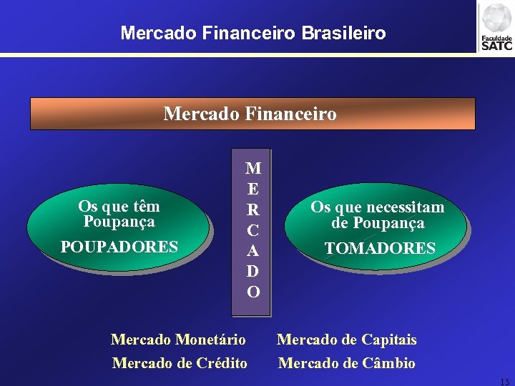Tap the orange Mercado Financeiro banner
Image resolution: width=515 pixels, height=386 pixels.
click(x=252, y=114)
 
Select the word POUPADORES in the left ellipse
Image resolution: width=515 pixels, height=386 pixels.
click(x=119, y=247)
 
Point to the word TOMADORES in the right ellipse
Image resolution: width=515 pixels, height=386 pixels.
click(x=379, y=248)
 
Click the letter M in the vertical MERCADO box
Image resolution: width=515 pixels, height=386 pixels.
click(x=252, y=169)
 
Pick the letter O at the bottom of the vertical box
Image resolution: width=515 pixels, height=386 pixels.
click(x=253, y=292)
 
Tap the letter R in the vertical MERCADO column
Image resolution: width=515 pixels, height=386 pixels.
click(x=252, y=210)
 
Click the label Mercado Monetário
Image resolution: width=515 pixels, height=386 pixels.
click(x=179, y=339)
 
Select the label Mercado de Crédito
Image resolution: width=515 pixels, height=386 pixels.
click(x=180, y=362)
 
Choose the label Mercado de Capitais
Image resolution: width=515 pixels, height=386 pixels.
click(x=347, y=339)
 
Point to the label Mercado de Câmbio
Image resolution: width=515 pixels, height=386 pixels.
click(x=347, y=362)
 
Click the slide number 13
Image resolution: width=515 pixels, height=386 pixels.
click(x=504, y=381)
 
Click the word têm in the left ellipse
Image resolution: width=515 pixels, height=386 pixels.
click(x=147, y=207)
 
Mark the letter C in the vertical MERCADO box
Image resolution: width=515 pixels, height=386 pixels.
click(x=252, y=231)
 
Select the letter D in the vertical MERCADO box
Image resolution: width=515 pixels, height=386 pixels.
click(x=252, y=272)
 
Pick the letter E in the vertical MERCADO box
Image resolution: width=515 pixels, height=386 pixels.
click(x=252, y=189)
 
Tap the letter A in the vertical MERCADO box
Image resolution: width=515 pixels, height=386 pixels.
click(x=252, y=251)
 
